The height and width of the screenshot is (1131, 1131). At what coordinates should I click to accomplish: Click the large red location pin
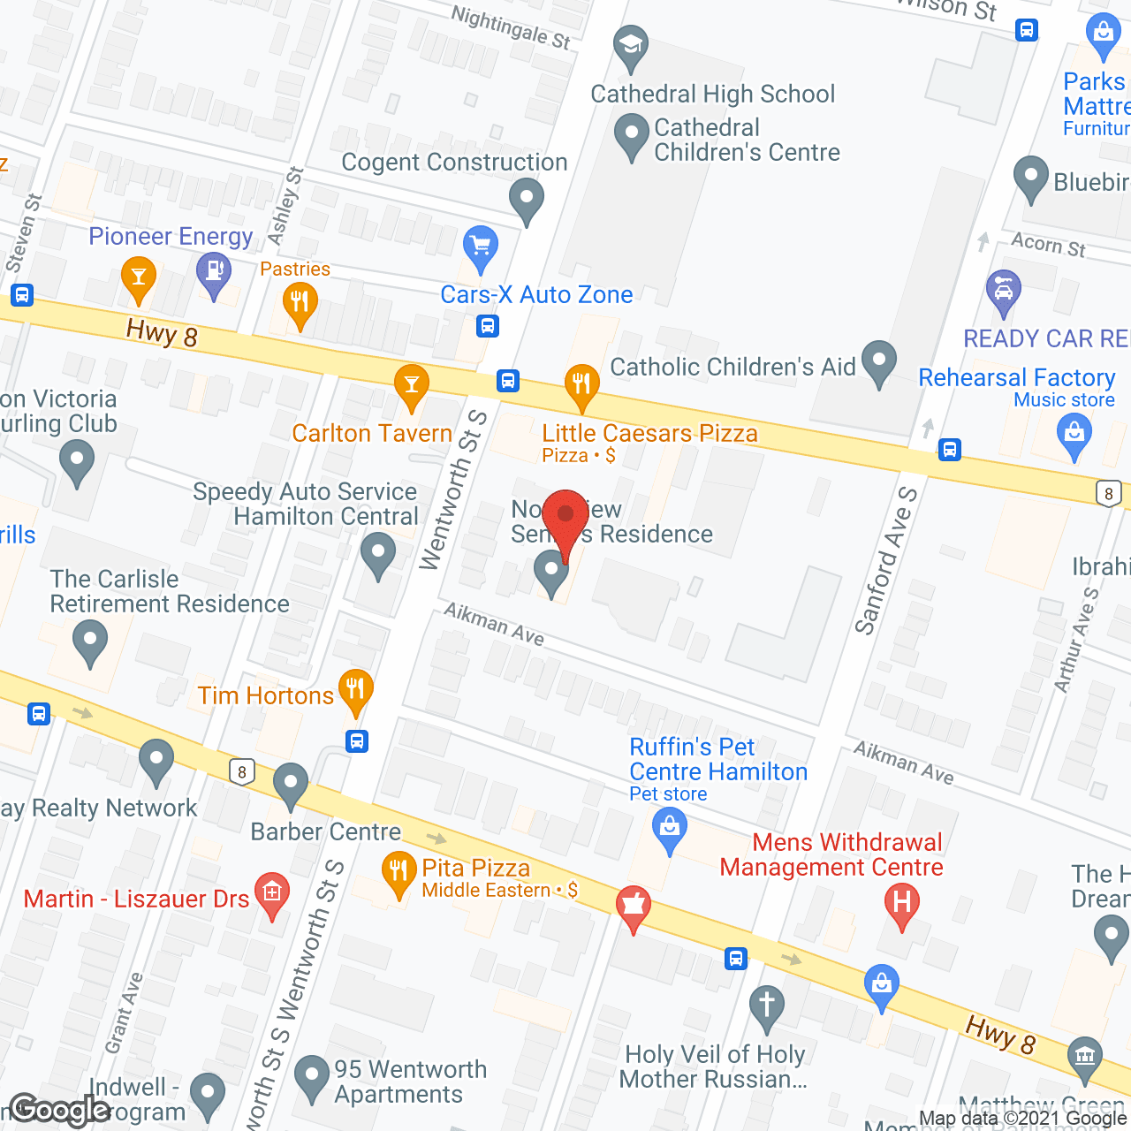pos(565,517)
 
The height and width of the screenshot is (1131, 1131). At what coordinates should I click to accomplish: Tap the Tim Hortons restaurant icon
pos(355,688)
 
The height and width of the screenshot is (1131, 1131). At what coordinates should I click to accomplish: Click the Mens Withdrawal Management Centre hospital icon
pos(902,903)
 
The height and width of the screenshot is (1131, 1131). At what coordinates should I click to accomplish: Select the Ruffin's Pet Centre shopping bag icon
pos(670,828)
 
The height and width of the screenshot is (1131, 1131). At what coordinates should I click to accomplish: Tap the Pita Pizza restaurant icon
pos(399,870)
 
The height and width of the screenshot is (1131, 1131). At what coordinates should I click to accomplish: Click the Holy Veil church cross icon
pos(766,1005)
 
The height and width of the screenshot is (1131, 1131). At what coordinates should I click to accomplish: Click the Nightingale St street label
pos(511,27)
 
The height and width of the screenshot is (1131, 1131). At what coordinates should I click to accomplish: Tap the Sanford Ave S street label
pos(885,560)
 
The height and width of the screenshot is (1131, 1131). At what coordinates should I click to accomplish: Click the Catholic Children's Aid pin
pos(878,360)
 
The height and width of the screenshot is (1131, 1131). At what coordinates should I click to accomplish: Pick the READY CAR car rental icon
pos(1003,289)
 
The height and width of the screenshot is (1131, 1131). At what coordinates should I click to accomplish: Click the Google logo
pos(60,1110)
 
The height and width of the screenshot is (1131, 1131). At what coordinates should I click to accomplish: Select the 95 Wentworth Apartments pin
pos(311,1075)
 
